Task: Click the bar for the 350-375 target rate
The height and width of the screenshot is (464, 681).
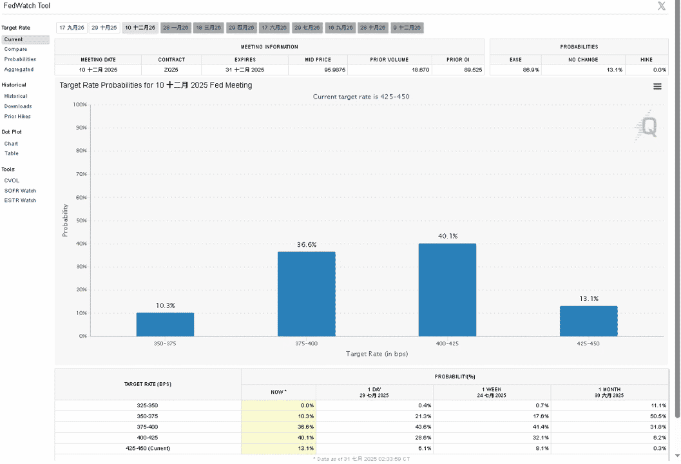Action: click(165, 324)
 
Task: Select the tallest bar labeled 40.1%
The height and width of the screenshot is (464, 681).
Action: click(447, 290)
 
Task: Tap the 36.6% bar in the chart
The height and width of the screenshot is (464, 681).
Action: click(307, 294)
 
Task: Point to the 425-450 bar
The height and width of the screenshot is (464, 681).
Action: click(588, 321)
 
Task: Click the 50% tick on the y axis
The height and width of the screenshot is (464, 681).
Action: click(82, 220)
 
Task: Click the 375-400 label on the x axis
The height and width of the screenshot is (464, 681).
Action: click(307, 343)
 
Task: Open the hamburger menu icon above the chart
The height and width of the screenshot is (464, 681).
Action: click(658, 86)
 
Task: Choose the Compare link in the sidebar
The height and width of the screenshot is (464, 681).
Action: click(15, 49)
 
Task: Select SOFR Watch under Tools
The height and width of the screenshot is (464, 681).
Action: click(21, 191)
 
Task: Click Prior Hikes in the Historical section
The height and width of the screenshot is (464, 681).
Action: click(17, 117)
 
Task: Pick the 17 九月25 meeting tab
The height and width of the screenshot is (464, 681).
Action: click(72, 28)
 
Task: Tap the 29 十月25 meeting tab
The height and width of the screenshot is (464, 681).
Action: click(104, 28)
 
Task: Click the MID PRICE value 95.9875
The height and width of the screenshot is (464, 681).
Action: click(335, 70)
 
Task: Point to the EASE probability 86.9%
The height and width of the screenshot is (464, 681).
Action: click(531, 70)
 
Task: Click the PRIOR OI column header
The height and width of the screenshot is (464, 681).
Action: click(458, 59)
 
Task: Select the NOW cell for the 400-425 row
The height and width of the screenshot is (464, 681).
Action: click(278, 438)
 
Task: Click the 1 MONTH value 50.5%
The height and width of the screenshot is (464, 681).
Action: click(658, 416)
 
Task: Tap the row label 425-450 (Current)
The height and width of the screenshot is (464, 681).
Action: click(148, 449)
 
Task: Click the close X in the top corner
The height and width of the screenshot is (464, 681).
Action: click(662, 6)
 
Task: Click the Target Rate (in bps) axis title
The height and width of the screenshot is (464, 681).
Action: click(377, 354)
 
